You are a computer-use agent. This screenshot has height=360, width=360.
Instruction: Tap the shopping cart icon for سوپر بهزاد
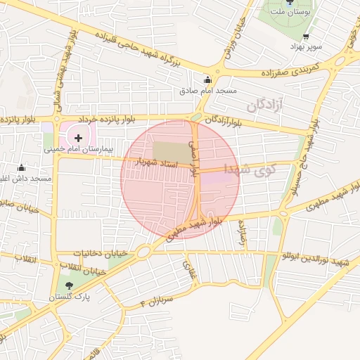(x=305, y=37)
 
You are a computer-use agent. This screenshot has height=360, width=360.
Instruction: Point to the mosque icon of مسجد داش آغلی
(x=22, y=167)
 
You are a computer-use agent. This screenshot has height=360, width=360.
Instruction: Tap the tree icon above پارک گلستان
(x=69, y=285)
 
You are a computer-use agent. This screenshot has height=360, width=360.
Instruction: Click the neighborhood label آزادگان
(x=264, y=106)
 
